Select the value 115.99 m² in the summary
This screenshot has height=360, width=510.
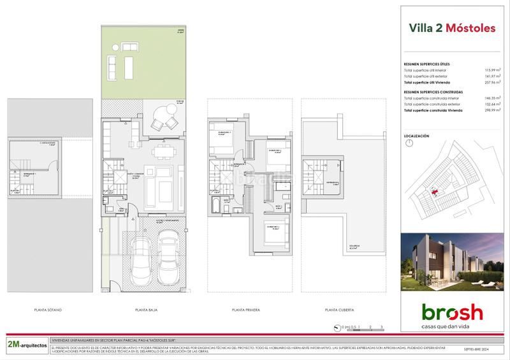click(492, 70)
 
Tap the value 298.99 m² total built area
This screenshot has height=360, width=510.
click(492, 111)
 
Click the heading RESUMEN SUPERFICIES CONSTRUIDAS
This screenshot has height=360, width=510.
click(433, 92)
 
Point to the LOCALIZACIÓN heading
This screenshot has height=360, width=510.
click(417, 136)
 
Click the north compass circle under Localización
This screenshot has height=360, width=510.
click(408, 144)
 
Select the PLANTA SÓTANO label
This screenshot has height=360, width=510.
click(50, 310)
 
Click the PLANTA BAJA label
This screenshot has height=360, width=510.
click(147, 310)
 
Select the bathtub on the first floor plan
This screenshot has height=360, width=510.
click(215, 206)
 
